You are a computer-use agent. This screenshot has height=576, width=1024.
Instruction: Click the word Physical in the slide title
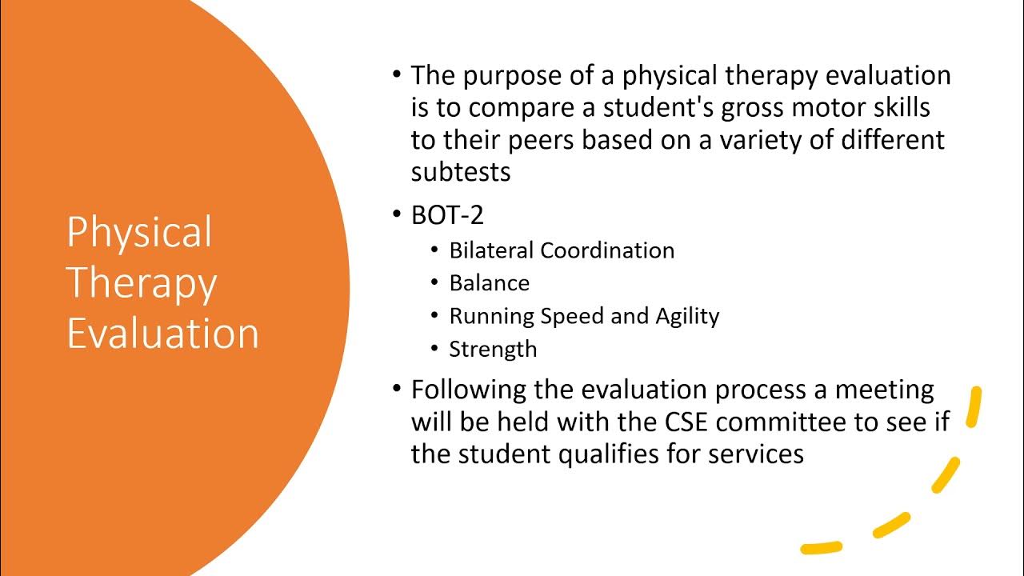(x=139, y=234)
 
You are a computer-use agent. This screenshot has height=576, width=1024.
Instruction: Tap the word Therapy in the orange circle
(x=142, y=284)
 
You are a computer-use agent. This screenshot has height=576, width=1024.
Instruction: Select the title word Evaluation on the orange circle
(x=163, y=334)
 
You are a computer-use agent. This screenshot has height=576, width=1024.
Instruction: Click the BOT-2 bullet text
(x=447, y=216)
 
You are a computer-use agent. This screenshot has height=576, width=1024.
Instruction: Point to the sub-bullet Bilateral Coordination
(x=562, y=250)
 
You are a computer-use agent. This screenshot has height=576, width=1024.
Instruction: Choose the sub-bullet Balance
(x=490, y=283)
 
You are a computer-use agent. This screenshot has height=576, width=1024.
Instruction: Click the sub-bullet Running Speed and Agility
(x=584, y=316)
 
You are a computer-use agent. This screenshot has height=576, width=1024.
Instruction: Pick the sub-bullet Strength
(x=493, y=349)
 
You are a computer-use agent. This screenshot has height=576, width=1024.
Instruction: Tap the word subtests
(x=461, y=172)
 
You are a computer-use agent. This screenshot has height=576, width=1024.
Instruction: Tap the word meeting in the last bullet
(x=885, y=390)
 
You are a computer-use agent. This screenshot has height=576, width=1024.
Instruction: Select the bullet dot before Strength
(x=434, y=349)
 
